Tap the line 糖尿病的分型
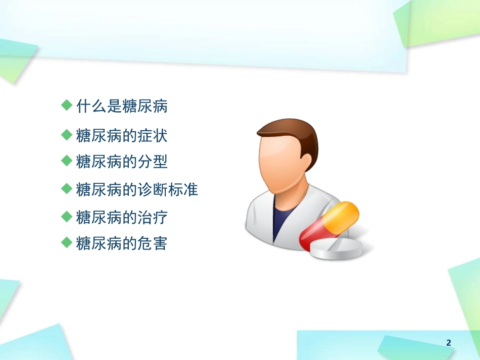(x=121, y=162)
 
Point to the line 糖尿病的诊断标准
(x=136, y=190)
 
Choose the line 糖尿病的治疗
(x=121, y=218)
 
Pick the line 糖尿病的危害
(x=121, y=244)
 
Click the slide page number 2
(x=448, y=343)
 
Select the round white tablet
(x=336, y=248)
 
